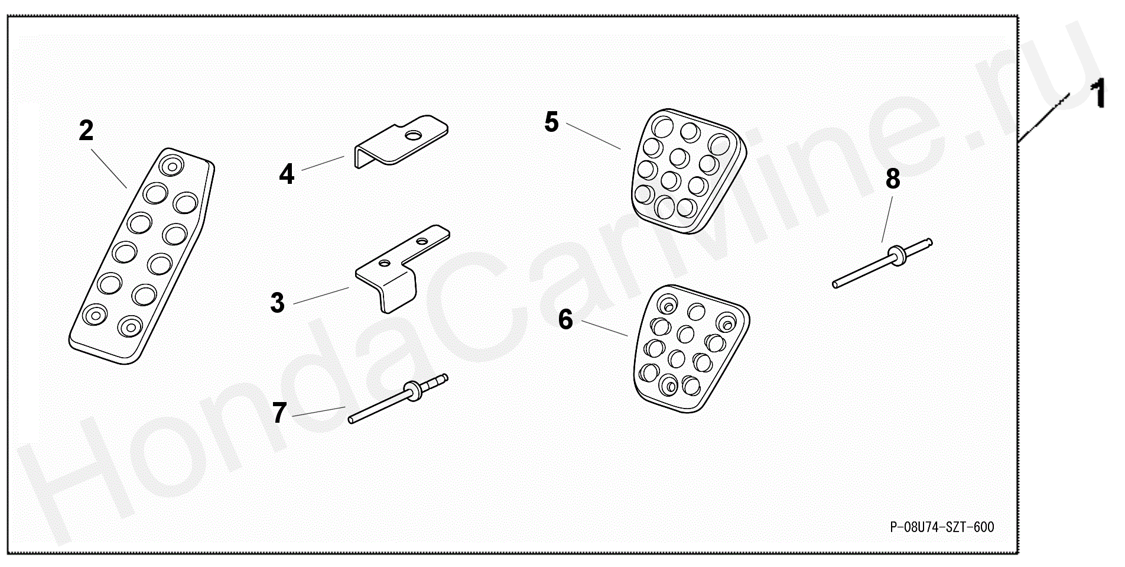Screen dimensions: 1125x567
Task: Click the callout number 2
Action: click(86, 131)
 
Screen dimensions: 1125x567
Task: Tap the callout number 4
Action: click(287, 174)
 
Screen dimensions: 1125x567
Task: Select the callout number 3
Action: click(277, 302)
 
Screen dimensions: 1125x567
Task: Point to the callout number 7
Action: click(279, 413)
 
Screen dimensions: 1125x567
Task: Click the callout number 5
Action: click(551, 122)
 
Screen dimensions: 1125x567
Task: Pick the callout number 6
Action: click(565, 320)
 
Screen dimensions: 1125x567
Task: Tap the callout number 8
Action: click(893, 179)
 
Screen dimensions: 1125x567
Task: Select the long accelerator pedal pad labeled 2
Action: click(142, 255)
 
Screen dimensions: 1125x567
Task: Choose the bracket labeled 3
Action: click(402, 269)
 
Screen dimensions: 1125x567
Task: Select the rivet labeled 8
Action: click(882, 263)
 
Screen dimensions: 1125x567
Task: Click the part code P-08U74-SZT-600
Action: click(942, 527)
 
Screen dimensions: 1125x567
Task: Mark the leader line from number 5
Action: click(593, 136)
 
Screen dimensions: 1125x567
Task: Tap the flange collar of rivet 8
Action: click(898, 255)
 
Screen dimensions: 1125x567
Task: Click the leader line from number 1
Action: click(1044, 118)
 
